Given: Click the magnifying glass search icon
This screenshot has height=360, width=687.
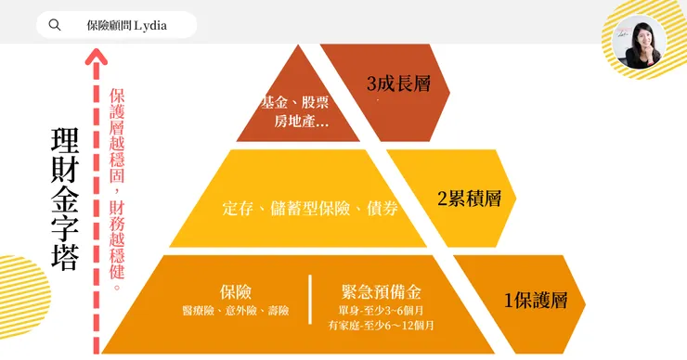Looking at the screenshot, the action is [55, 25].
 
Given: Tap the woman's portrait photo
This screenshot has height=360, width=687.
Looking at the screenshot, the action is [641, 42].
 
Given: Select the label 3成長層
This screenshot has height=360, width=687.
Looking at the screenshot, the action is [398, 84].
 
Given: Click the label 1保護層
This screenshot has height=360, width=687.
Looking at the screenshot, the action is [543, 301].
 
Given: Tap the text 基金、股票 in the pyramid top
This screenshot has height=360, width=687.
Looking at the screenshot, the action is [295, 102].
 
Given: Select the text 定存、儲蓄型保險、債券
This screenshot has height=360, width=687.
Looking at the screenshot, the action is [311, 209].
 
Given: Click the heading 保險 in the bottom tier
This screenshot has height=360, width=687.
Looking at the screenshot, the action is [237, 291].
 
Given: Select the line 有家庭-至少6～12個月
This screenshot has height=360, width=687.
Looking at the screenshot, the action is [381, 326].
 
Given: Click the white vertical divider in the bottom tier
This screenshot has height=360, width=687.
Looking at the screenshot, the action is [310, 299].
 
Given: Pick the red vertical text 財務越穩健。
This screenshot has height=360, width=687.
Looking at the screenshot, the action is [117, 246].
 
